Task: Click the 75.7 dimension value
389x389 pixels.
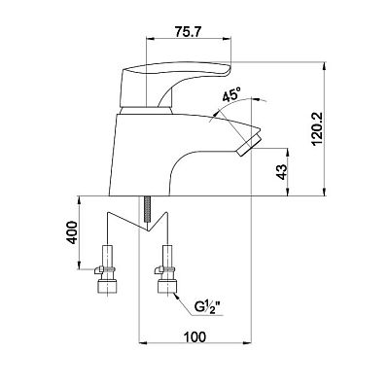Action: [189, 31]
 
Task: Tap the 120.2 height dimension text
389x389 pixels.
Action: [317, 129]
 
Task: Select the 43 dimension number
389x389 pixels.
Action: [282, 172]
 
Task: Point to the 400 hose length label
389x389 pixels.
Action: [72, 232]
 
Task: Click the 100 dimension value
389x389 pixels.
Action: [194, 337]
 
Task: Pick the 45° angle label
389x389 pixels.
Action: [231, 95]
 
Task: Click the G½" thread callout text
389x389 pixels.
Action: [209, 306]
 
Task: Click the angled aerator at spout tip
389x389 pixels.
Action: [249, 143]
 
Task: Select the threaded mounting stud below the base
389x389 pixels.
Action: [147, 209]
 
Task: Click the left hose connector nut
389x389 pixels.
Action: [106, 286]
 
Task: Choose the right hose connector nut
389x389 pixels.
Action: [167, 286]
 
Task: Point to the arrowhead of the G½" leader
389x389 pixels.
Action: [177, 296]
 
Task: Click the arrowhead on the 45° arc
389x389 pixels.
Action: [256, 99]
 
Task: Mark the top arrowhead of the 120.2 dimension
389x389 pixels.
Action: [325, 66]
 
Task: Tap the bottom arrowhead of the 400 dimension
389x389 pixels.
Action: [80, 265]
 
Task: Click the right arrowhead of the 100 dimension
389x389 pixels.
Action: [247, 341]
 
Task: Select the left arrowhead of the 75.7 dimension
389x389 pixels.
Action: [151, 39]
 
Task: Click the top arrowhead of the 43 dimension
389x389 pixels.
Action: [288, 153]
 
